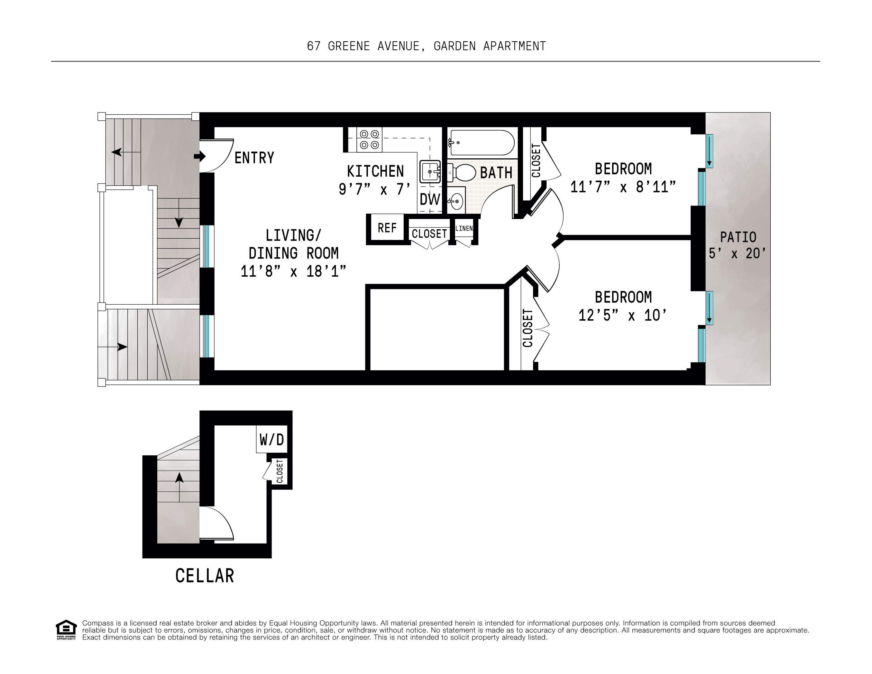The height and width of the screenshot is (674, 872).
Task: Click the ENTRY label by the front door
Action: click(254, 158)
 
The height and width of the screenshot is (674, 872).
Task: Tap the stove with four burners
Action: click(369, 139)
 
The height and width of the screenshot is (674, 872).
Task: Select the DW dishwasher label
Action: click(430, 199)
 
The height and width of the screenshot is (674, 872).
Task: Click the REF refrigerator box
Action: click(387, 228)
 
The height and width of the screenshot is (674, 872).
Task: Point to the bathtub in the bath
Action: click(482, 143)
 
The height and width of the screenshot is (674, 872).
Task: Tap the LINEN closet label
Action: click(464, 229)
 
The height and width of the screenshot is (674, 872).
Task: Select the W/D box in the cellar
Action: click(271, 440)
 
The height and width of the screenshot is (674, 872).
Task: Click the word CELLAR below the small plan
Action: click(205, 576)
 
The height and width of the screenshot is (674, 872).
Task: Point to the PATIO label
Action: click(738, 237)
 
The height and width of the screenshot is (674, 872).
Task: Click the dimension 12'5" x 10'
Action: click(622, 315)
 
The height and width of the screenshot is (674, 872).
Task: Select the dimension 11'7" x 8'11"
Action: click(623, 187)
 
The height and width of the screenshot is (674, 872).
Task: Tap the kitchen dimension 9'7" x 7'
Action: click(374, 189)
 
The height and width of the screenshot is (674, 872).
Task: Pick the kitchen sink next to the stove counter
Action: click(430, 172)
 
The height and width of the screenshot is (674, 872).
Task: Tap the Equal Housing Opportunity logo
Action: click(66, 630)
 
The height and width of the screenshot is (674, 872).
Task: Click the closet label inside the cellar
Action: click(280, 471)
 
